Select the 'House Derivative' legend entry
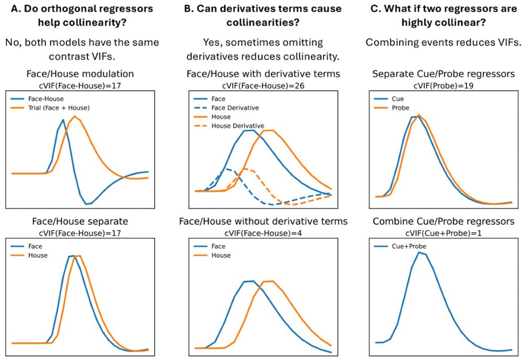click(237, 126)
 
